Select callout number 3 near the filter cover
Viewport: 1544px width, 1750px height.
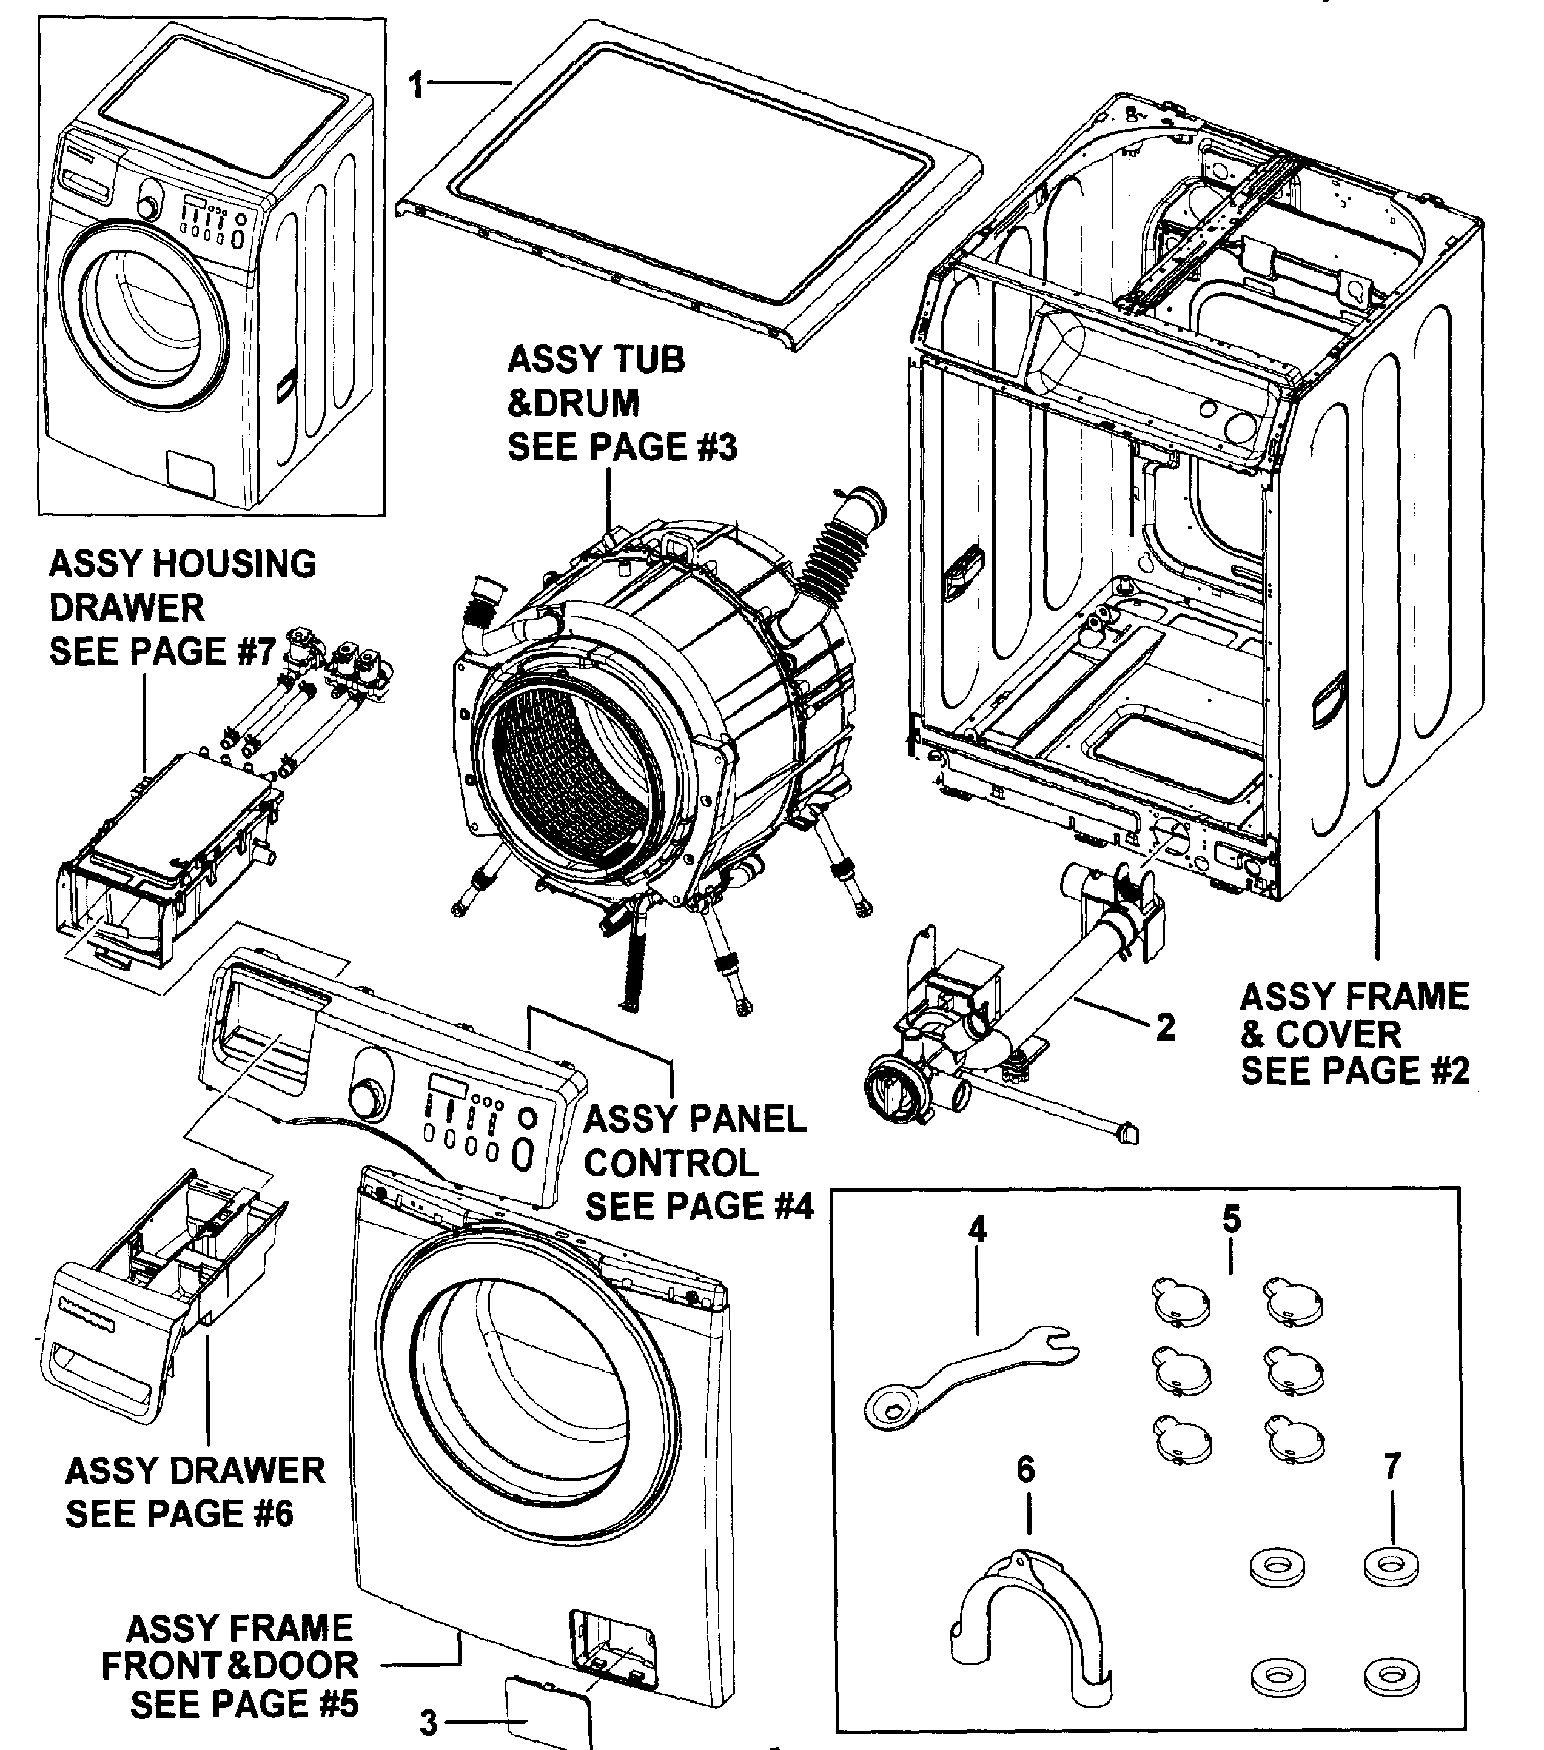click(428, 1723)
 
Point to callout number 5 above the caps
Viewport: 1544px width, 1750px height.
click(1232, 1218)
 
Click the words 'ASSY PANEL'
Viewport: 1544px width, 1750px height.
click(694, 1119)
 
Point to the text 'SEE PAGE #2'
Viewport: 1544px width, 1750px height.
click(1355, 1071)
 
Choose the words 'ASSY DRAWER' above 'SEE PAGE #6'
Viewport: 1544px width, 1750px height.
click(195, 1471)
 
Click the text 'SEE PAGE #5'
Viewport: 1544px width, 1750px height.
click(244, 1704)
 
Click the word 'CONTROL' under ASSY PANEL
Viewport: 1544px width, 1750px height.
click(671, 1162)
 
